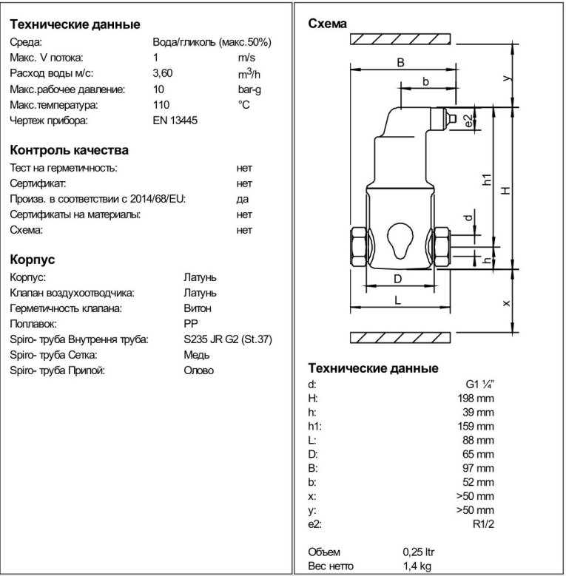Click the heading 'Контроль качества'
[x=69, y=150]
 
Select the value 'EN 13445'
[x=174, y=121]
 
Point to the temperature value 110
[x=161, y=105]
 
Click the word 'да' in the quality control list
[x=243, y=200]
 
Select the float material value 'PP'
[x=189, y=324]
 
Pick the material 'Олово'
[x=198, y=370]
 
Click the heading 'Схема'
[x=326, y=24]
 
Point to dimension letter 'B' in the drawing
[x=400, y=62]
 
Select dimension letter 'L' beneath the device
[x=397, y=299]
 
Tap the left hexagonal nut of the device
[x=357, y=247]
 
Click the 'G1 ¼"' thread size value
[x=477, y=385]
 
